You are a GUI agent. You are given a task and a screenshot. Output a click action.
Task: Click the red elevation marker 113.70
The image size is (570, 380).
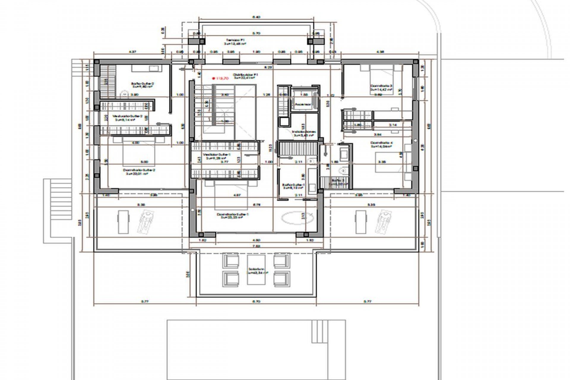[220, 79]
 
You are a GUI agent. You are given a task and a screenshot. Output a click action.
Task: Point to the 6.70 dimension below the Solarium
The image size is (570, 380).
[256, 301]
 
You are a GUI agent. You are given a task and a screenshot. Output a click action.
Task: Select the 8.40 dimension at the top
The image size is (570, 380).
[256, 17]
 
